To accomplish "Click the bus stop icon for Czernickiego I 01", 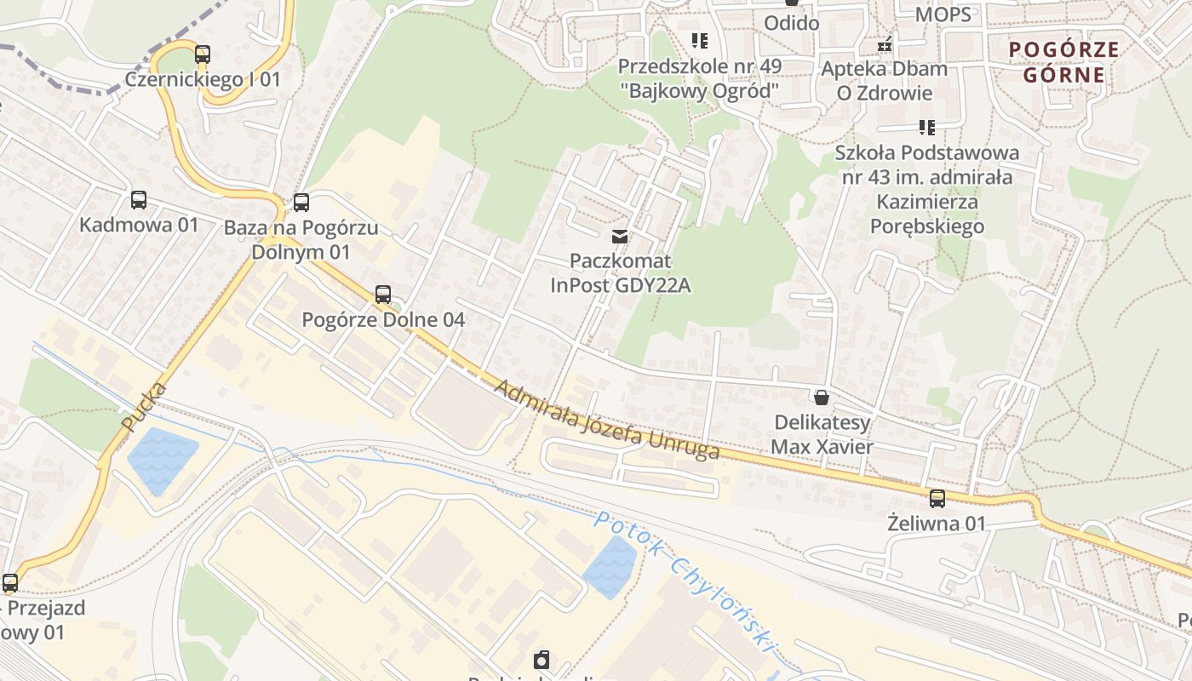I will [202, 54].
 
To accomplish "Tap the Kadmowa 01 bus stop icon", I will [138, 201].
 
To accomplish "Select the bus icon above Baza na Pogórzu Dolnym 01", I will [301, 203].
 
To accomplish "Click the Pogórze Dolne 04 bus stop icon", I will [383, 295].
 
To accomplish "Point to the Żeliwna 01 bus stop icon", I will [937, 499].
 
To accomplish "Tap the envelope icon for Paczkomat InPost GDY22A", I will [620, 237].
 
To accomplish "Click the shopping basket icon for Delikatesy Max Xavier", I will [822, 398].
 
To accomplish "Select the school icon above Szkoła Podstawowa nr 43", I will [926, 129].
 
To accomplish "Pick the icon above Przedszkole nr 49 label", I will [699, 41].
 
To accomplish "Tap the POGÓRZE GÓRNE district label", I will [1063, 62].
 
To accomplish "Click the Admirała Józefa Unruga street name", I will [606, 420].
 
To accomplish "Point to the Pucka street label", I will [144, 407].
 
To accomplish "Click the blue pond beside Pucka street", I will [161, 461].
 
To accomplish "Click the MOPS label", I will [943, 14].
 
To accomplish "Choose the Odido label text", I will [791, 23].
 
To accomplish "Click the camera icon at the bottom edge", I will [542, 661].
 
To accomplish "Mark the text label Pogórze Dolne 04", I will [383, 320].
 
